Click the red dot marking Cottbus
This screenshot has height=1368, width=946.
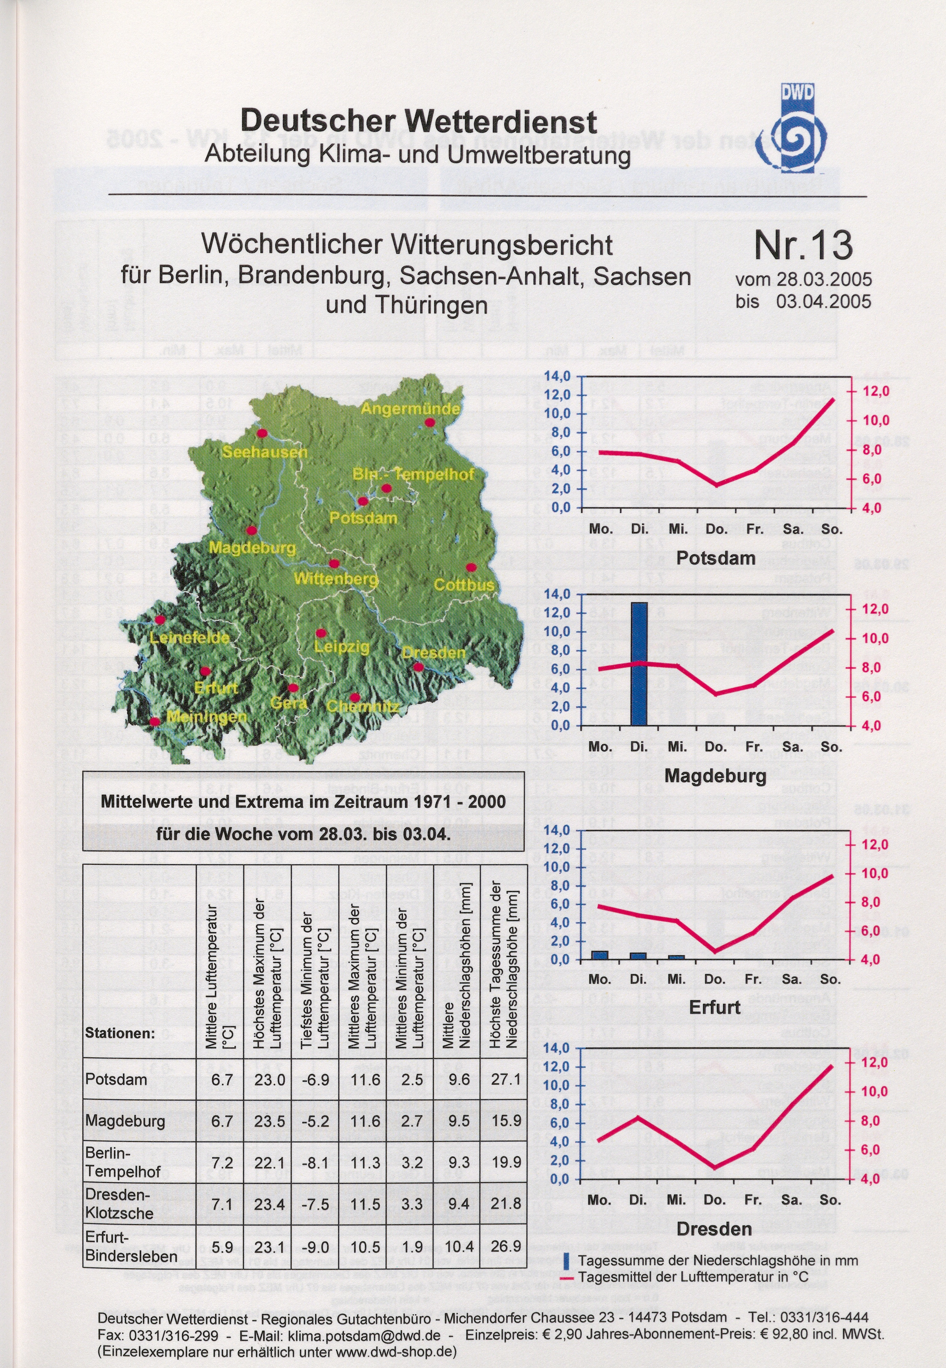pyautogui.click(x=471, y=568)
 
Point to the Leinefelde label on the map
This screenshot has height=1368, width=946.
pyautogui.click(x=190, y=638)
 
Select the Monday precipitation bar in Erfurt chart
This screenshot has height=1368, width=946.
pyautogui.click(x=600, y=955)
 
